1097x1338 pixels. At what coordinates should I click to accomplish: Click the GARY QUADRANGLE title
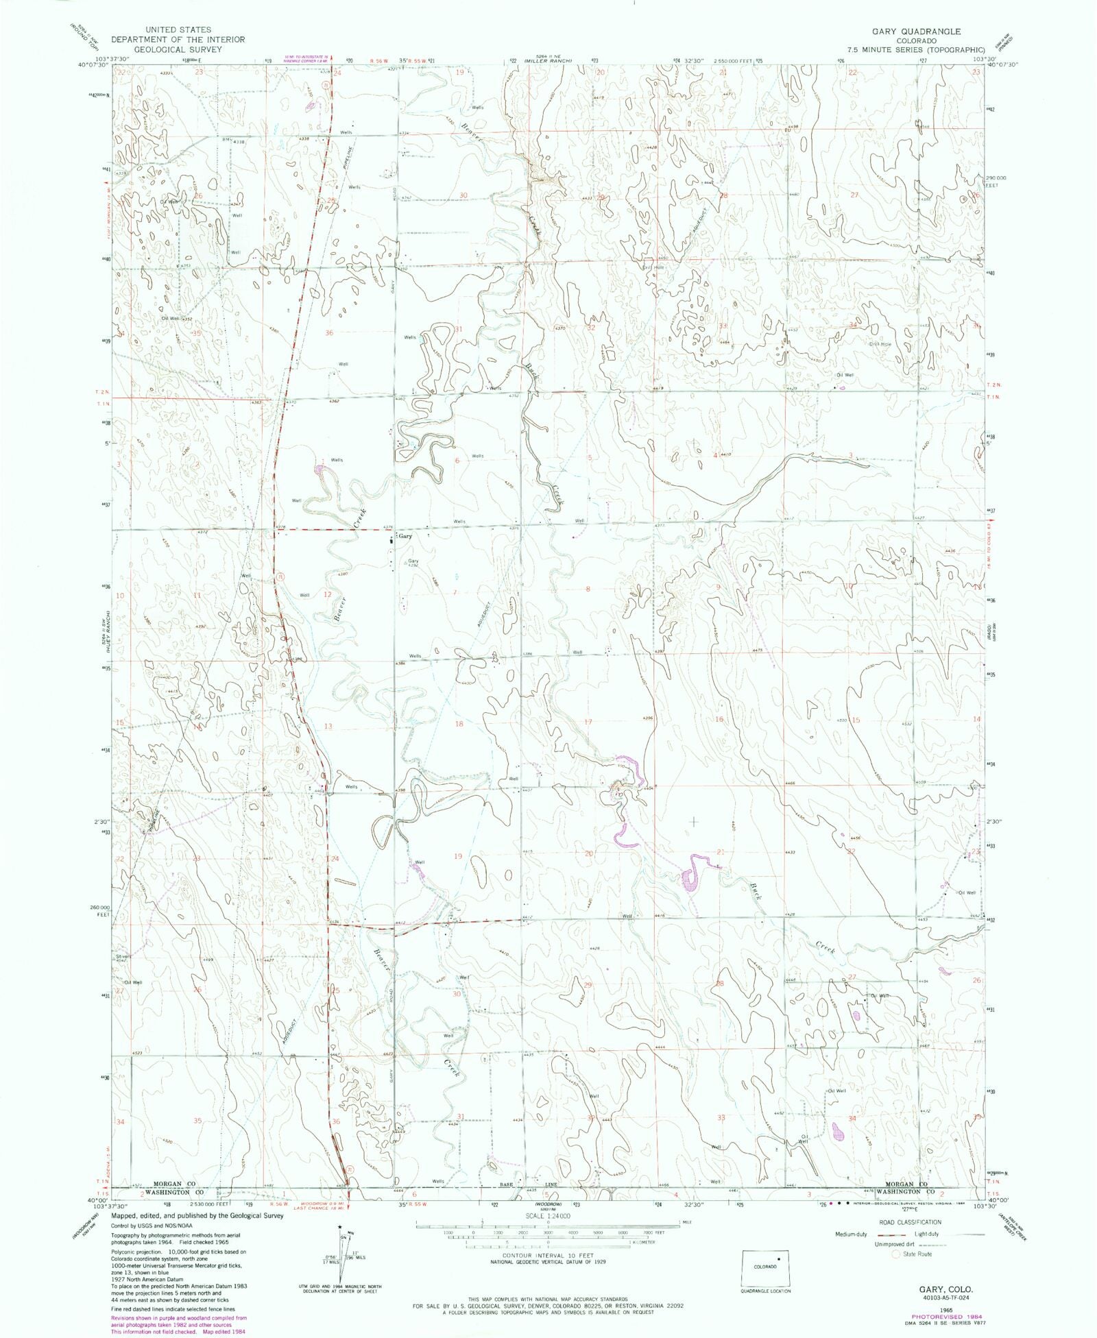click(x=916, y=32)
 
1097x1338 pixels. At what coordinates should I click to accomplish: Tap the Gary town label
click(x=405, y=537)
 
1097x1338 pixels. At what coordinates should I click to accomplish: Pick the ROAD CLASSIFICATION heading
click(x=910, y=1222)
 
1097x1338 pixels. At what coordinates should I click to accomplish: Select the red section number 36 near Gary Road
click(x=329, y=333)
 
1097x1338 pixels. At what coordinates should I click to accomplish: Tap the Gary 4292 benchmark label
click(x=413, y=563)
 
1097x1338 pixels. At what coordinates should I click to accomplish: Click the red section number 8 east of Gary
click(x=588, y=589)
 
